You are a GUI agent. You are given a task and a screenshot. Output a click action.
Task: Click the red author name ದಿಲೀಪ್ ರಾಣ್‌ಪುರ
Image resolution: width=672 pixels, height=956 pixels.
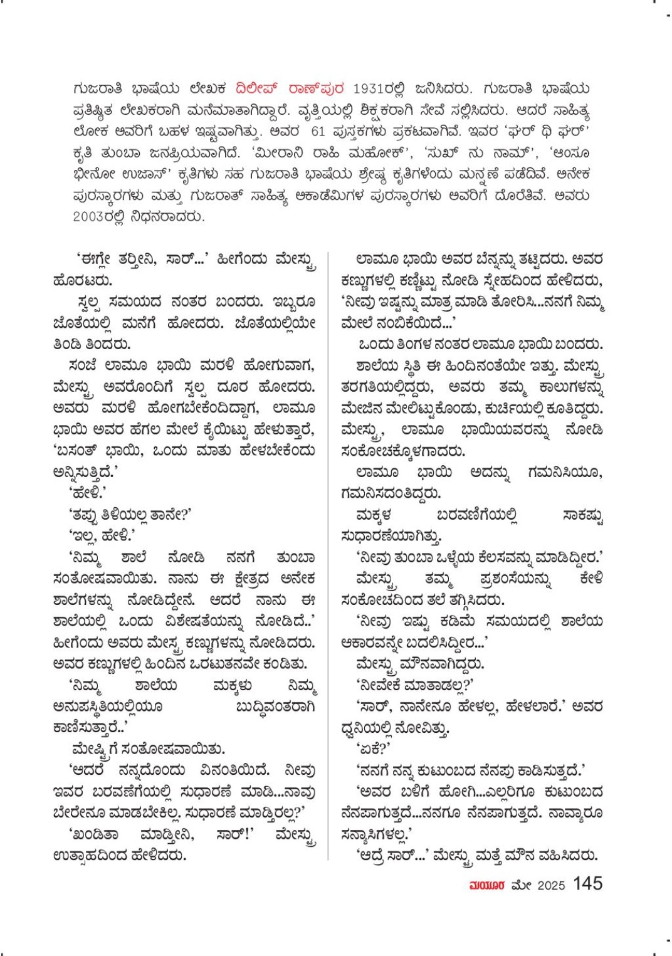click(x=290, y=89)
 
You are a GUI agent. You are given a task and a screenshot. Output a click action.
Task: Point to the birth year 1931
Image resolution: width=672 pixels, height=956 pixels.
click(x=370, y=89)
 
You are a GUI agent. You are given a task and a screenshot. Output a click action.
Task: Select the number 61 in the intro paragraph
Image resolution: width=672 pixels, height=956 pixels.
click(x=318, y=132)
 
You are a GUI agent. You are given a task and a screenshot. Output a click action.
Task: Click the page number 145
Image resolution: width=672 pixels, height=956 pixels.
click(x=587, y=883)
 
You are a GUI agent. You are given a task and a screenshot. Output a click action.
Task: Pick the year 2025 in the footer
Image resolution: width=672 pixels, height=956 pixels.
click(x=551, y=885)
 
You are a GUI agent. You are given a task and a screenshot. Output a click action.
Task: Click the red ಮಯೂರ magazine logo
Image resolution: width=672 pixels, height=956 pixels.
click(x=486, y=885)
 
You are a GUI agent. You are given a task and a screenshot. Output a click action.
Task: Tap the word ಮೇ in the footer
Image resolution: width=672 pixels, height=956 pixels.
click(x=522, y=885)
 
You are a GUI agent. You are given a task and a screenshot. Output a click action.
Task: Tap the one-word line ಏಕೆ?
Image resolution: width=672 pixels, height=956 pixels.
click(x=374, y=749)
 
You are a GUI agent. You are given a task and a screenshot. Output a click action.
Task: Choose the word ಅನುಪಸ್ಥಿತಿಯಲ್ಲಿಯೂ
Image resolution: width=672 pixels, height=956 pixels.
click(x=108, y=706)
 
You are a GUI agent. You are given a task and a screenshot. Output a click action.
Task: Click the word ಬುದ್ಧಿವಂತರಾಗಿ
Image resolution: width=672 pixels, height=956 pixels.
click(x=275, y=706)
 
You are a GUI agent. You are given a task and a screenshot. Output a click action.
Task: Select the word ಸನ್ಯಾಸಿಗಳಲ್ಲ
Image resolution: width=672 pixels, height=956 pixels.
click(x=375, y=834)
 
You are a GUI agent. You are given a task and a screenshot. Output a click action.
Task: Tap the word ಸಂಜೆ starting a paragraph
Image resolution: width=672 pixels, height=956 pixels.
click(x=82, y=365)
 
